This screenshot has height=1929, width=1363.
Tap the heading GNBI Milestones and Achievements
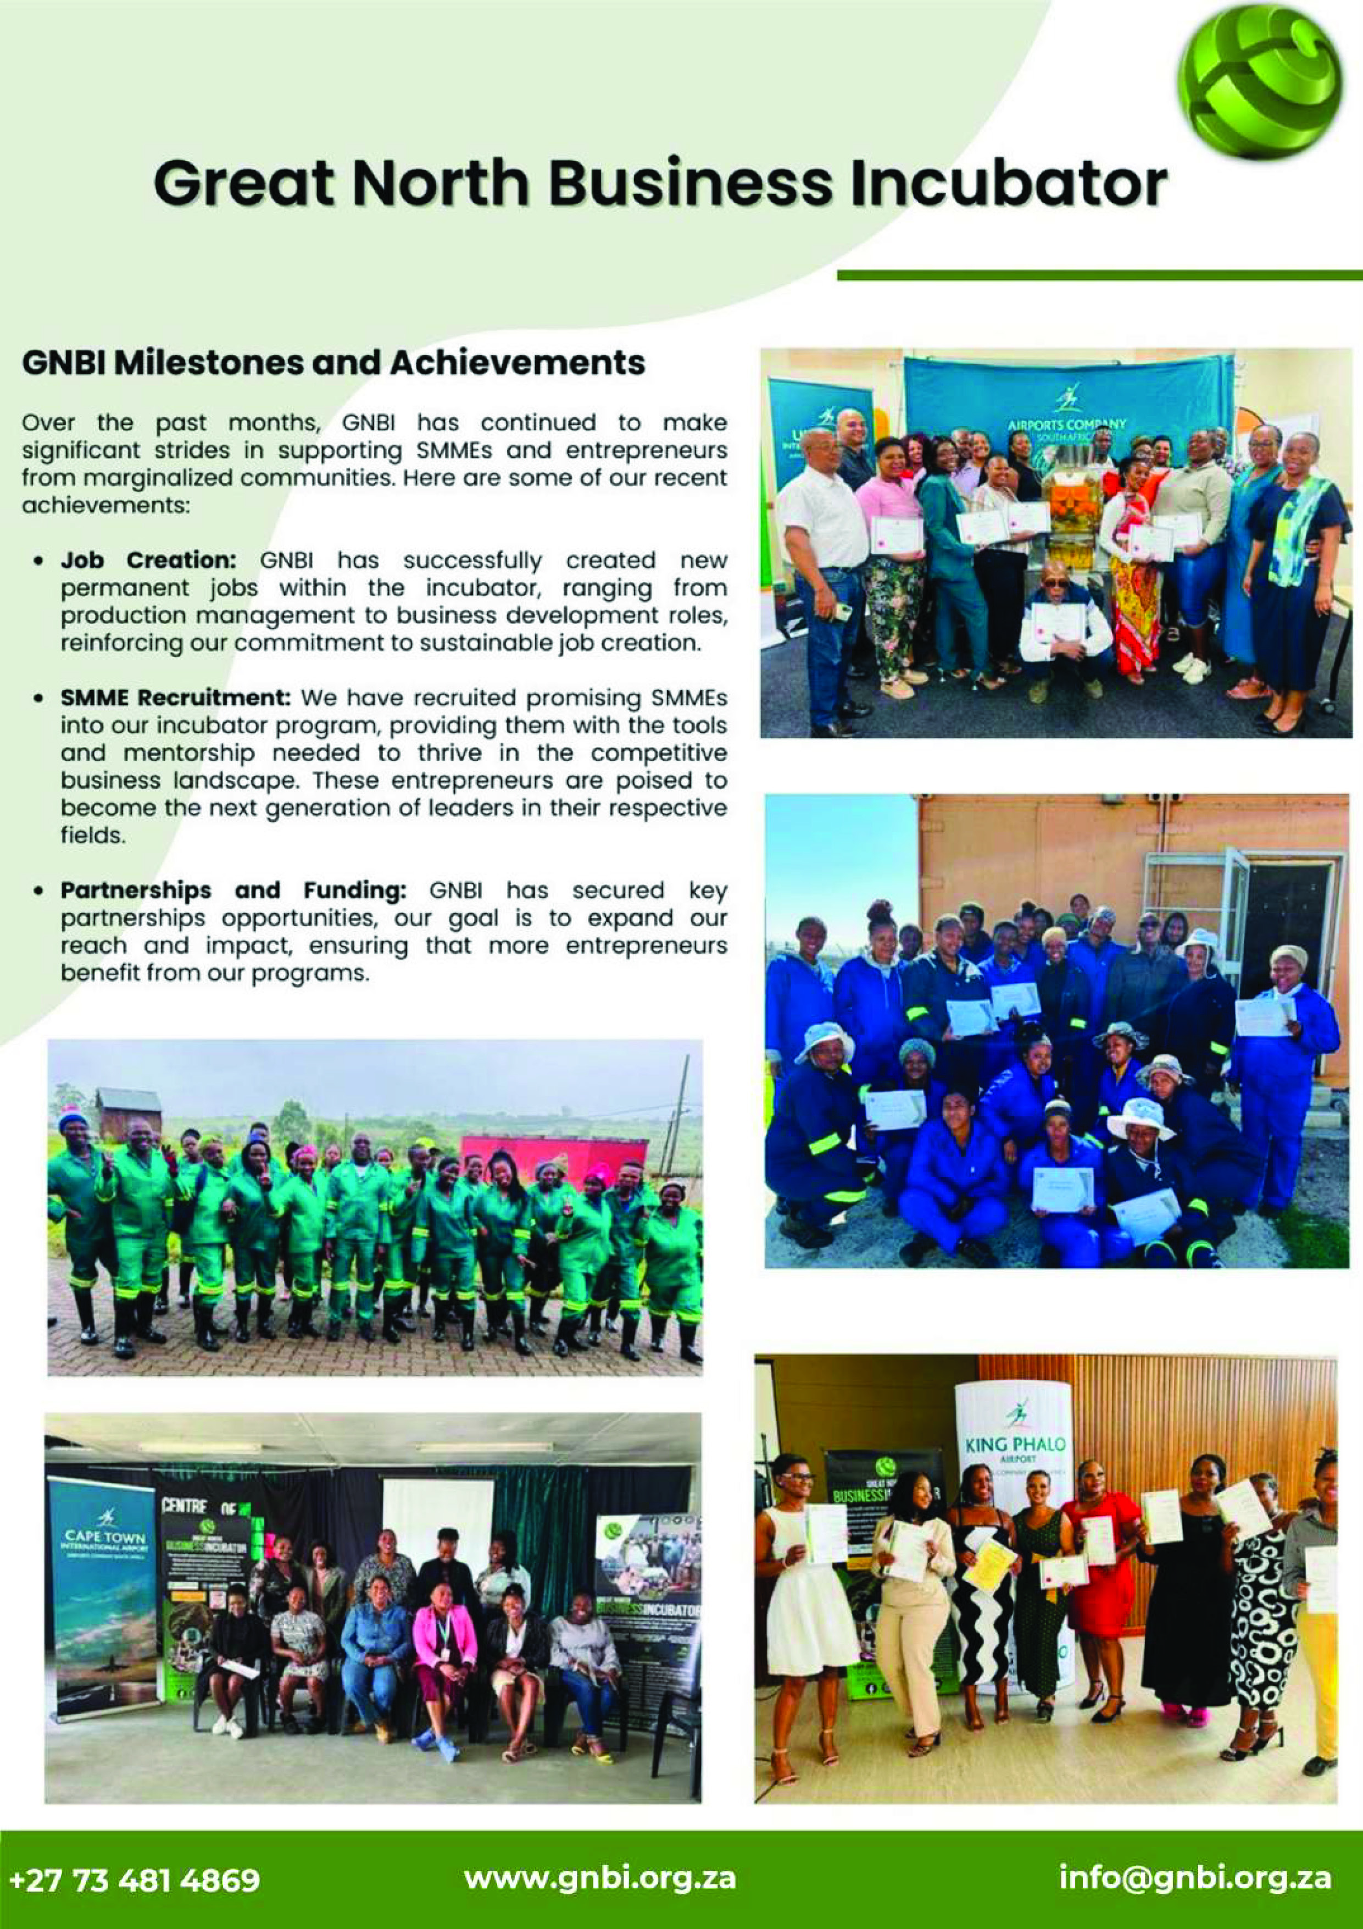pos(333,363)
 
